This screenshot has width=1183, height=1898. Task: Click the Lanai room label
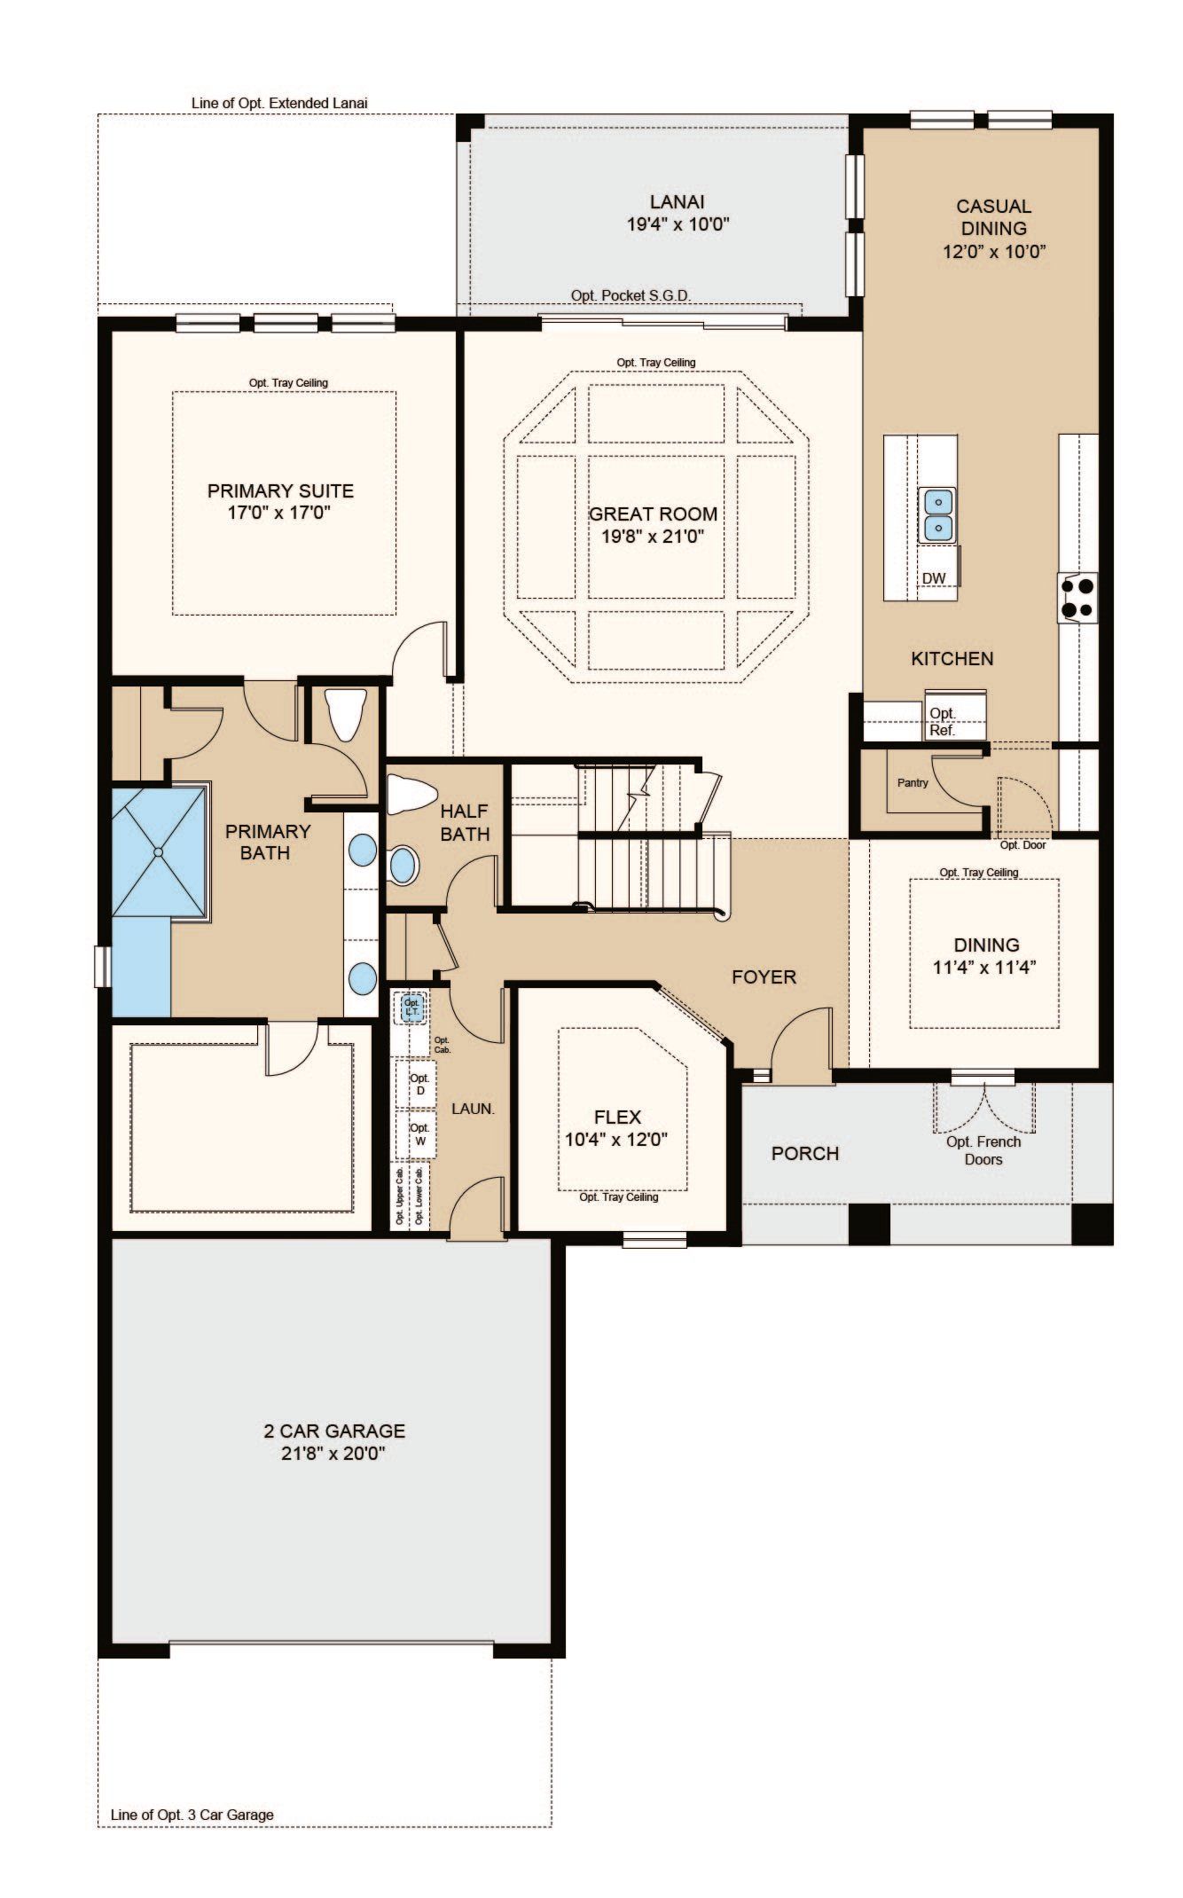(x=677, y=202)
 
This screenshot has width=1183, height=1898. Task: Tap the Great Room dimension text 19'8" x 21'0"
(x=653, y=537)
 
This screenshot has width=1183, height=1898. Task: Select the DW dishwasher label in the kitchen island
(x=934, y=578)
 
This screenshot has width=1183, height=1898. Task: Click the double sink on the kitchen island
(x=938, y=515)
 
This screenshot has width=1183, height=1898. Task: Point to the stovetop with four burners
(x=1077, y=597)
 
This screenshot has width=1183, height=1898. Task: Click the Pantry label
(x=913, y=783)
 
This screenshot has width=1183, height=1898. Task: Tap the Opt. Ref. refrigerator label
(x=942, y=723)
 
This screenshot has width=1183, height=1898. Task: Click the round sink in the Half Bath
(x=403, y=866)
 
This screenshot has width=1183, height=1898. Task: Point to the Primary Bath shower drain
(x=158, y=851)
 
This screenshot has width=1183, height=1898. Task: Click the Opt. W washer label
(x=419, y=1135)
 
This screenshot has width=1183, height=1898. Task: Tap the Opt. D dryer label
(x=419, y=1084)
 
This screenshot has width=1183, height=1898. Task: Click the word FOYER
(x=764, y=977)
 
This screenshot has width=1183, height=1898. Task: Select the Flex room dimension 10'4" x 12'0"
(x=616, y=1140)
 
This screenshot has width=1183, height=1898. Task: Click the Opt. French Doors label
(x=983, y=1150)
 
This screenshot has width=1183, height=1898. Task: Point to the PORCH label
(x=805, y=1154)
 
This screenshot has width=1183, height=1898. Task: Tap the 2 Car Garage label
(x=334, y=1431)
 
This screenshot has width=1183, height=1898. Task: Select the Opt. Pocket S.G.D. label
(x=631, y=295)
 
